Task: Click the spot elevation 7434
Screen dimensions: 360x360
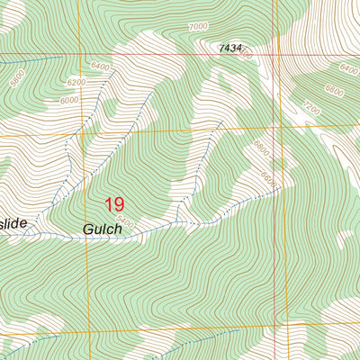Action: click(229, 48)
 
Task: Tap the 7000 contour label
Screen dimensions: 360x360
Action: click(199, 28)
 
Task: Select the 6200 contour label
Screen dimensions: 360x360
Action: click(76, 82)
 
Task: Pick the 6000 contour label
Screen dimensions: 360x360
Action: click(69, 101)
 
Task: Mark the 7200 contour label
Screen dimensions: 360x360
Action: click(311, 106)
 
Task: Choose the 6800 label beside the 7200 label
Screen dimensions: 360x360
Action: click(335, 90)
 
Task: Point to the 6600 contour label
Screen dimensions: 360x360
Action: click(266, 180)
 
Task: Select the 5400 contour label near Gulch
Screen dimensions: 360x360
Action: click(125, 222)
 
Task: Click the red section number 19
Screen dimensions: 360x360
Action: click(115, 205)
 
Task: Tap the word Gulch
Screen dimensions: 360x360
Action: click(102, 229)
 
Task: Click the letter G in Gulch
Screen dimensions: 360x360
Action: click(88, 229)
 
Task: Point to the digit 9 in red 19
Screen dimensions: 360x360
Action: click(121, 205)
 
